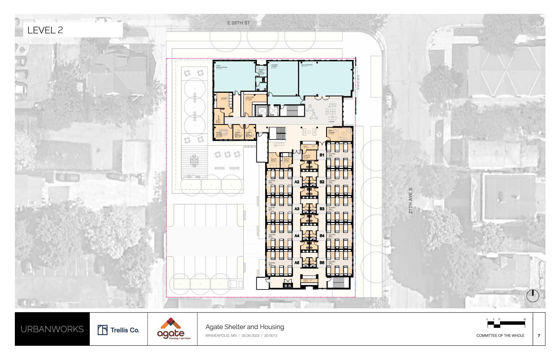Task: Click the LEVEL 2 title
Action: [45, 30]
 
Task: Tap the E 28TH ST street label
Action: [238, 23]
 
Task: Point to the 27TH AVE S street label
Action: [411, 200]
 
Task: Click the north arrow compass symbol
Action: [533, 296]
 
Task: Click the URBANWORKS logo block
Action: [52, 329]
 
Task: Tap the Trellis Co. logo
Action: [118, 330]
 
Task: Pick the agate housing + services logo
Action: [172, 329]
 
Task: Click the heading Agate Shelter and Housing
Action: [245, 327]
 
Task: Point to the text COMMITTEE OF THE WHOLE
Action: [500, 336]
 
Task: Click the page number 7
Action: [539, 336]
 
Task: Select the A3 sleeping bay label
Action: [297, 209]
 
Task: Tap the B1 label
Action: [322, 155]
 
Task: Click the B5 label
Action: [322, 263]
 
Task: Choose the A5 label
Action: [297, 263]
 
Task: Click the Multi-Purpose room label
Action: [307, 65]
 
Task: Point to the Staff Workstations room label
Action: [221, 67]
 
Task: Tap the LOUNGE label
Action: [331, 122]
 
